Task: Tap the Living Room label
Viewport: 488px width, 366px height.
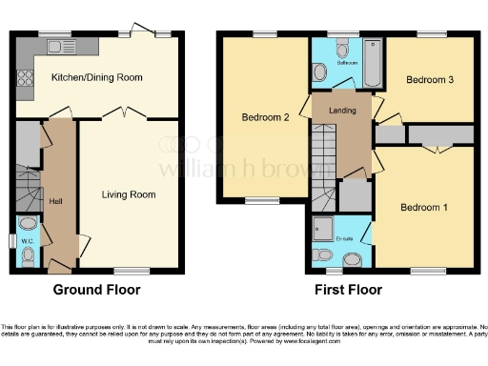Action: (129, 194)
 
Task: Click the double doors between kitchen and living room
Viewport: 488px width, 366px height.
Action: (124, 114)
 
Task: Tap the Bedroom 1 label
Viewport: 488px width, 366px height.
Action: (423, 207)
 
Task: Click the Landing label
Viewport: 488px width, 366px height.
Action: (341, 111)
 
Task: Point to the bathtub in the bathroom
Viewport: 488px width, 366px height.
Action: (370, 59)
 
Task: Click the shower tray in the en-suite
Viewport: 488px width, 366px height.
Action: (324, 229)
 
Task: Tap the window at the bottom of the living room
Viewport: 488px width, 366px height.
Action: (139, 271)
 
